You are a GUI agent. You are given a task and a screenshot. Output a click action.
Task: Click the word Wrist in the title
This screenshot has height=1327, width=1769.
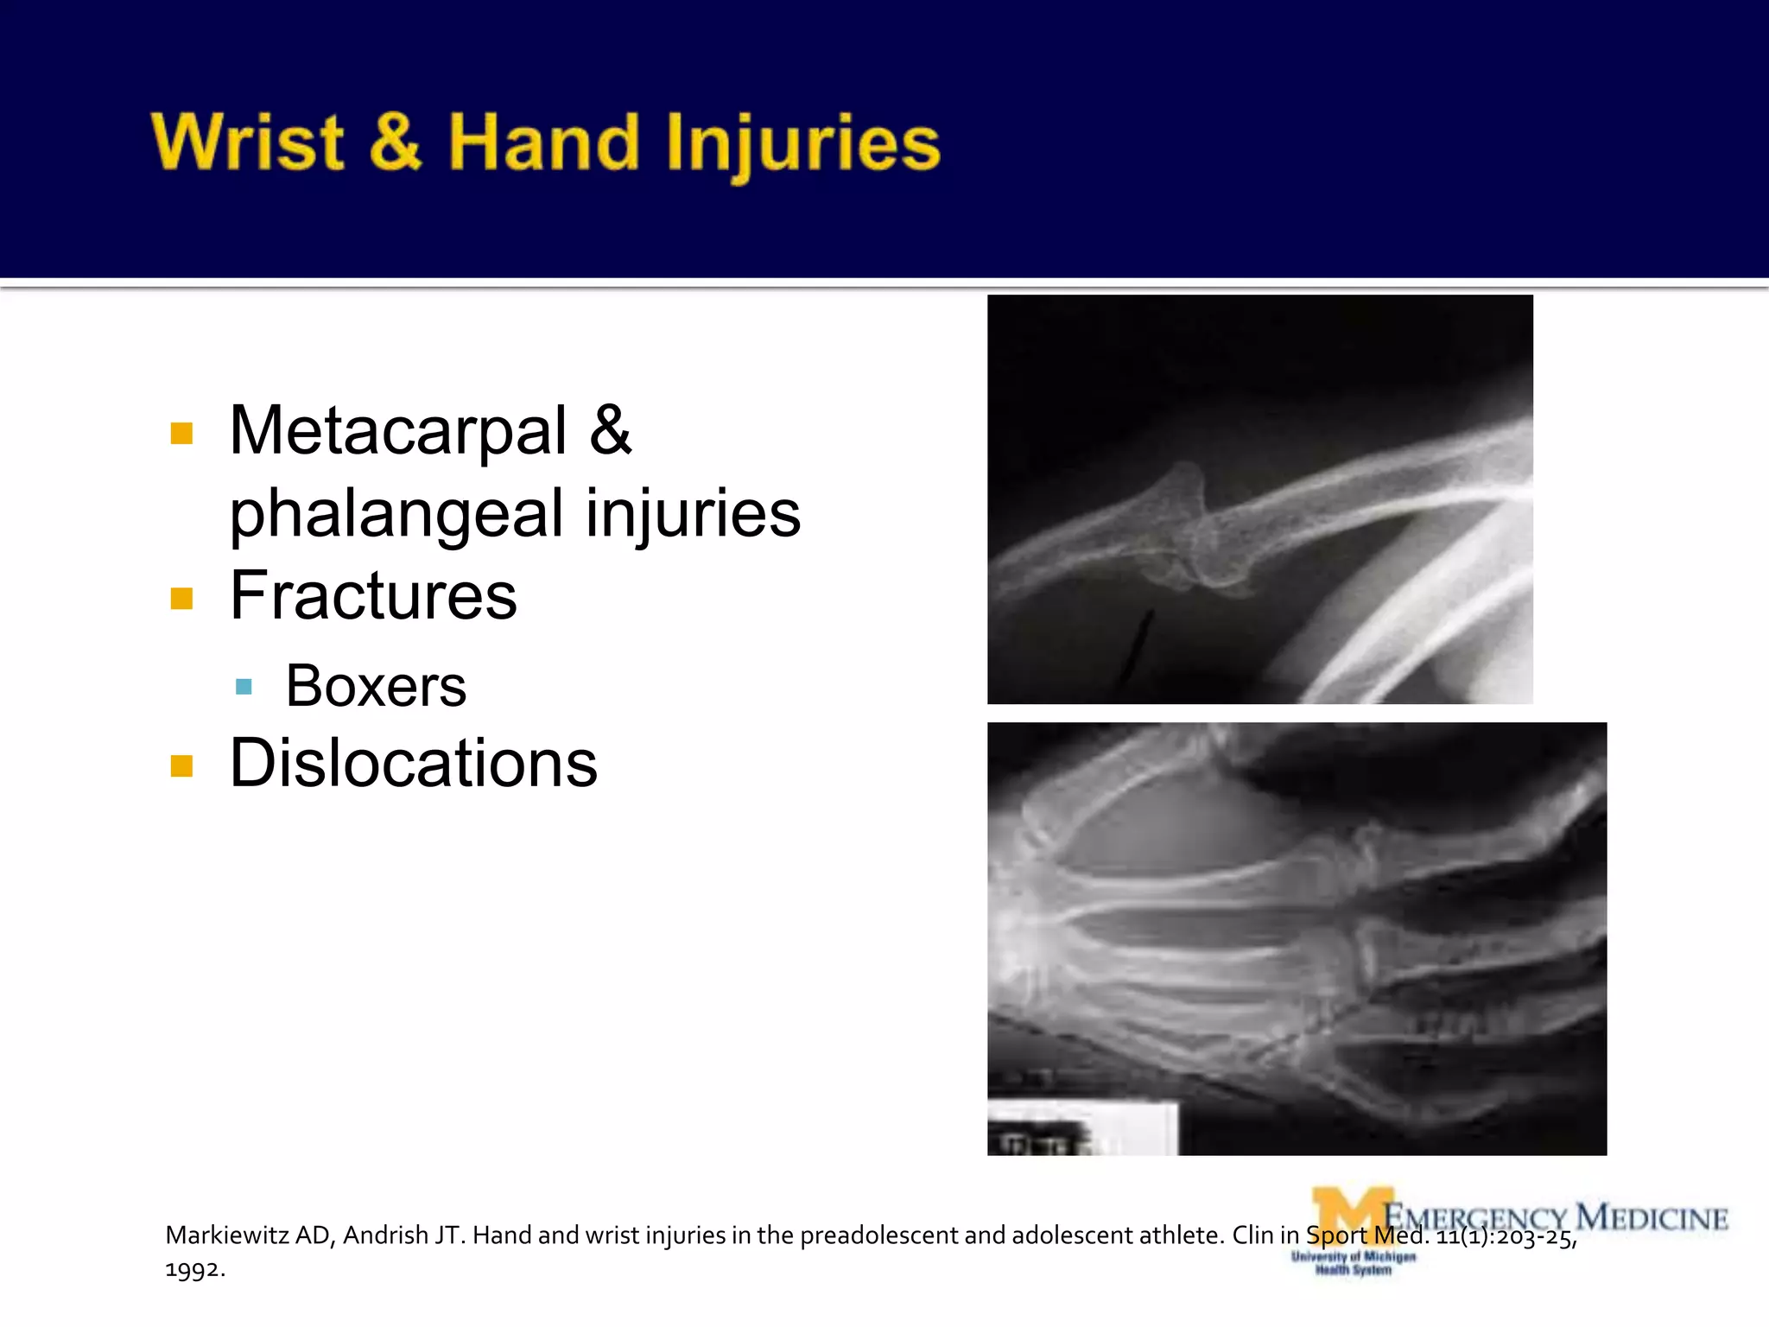click(248, 143)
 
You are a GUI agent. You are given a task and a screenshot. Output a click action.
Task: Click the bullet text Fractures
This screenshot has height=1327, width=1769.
click(373, 596)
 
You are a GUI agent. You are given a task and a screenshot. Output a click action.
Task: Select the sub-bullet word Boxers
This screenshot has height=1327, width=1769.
click(376, 686)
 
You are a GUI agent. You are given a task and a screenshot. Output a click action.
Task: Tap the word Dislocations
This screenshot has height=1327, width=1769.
click(413, 764)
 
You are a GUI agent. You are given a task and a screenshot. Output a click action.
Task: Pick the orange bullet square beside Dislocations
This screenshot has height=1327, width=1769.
click(181, 766)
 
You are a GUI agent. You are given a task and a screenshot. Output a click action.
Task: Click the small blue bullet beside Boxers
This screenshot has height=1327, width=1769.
click(244, 688)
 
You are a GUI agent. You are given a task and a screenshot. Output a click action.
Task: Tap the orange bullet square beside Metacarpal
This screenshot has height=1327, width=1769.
click(181, 433)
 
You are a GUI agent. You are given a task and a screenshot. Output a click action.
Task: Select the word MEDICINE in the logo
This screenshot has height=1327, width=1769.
click(1652, 1217)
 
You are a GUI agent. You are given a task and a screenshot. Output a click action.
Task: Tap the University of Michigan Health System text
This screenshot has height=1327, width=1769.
click(1353, 1263)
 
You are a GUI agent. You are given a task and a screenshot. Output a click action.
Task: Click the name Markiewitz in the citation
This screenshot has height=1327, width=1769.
click(226, 1235)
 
